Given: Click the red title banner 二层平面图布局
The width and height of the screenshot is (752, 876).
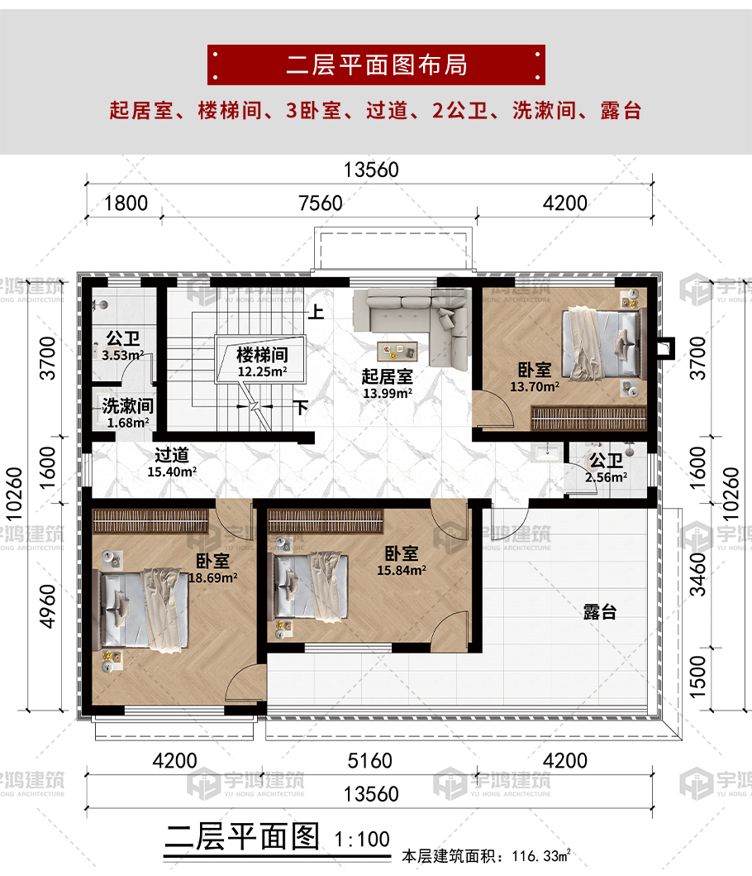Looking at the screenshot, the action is tap(376, 65).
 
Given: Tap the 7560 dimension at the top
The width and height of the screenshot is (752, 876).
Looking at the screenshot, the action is tap(321, 203).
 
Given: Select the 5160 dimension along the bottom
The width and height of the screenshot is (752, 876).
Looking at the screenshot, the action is tap(369, 760).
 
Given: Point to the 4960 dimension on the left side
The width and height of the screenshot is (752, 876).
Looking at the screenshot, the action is tap(48, 606).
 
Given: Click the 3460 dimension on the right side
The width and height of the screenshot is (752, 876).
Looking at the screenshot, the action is tap(697, 574).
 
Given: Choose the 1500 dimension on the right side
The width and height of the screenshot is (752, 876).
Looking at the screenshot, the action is tap(697, 677).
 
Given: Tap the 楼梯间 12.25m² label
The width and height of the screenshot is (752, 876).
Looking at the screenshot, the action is tap(262, 362).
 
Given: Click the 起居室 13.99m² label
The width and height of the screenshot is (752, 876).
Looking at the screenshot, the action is tap(388, 384).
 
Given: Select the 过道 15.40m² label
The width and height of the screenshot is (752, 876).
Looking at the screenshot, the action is tap(172, 462).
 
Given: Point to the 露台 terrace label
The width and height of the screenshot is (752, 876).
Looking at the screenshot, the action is tap(600, 612).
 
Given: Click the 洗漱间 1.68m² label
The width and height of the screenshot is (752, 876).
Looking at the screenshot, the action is tap(128, 414).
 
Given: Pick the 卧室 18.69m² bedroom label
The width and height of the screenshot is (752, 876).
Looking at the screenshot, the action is tap(212, 569).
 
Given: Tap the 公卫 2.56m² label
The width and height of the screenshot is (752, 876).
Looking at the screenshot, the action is tap(607, 468).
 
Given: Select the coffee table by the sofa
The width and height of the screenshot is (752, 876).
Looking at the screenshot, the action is tap(397, 351).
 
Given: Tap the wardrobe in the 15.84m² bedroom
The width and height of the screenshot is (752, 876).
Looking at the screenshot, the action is tap(326, 522).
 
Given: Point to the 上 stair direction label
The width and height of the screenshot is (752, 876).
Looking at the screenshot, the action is tap(316, 311).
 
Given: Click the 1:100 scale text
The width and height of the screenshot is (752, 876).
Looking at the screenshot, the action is tap(362, 839).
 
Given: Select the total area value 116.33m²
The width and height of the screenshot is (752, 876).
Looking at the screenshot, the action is tap(541, 856).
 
